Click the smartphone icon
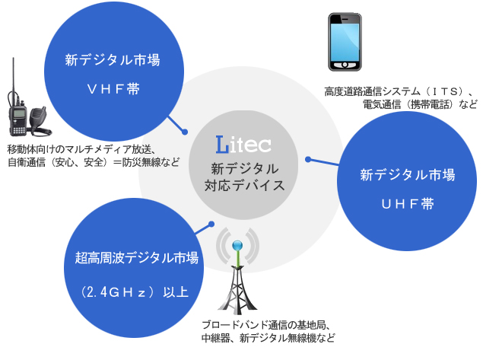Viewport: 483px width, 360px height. point(345,42)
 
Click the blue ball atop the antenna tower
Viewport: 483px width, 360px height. point(237,246)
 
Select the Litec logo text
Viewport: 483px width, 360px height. point(243,145)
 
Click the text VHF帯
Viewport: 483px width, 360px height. point(113,89)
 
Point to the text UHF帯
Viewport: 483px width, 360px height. point(408,204)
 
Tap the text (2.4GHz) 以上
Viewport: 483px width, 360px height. point(135,292)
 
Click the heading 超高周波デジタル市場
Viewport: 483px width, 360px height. point(136,258)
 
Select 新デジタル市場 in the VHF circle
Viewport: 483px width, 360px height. point(113,60)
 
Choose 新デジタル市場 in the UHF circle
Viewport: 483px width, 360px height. point(407,175)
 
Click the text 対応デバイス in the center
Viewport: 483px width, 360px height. point(245,185)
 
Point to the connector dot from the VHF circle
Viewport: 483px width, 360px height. point(185,132)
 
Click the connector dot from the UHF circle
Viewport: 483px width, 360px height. point(308,159)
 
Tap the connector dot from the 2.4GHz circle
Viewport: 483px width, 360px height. point(211,224)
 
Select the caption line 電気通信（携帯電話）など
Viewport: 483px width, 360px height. point(420,104)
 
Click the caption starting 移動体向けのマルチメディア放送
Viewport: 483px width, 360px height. point(82,149)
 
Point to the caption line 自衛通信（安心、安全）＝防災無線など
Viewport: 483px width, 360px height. point(94,162)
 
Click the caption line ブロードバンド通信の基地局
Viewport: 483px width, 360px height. point(266,325)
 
